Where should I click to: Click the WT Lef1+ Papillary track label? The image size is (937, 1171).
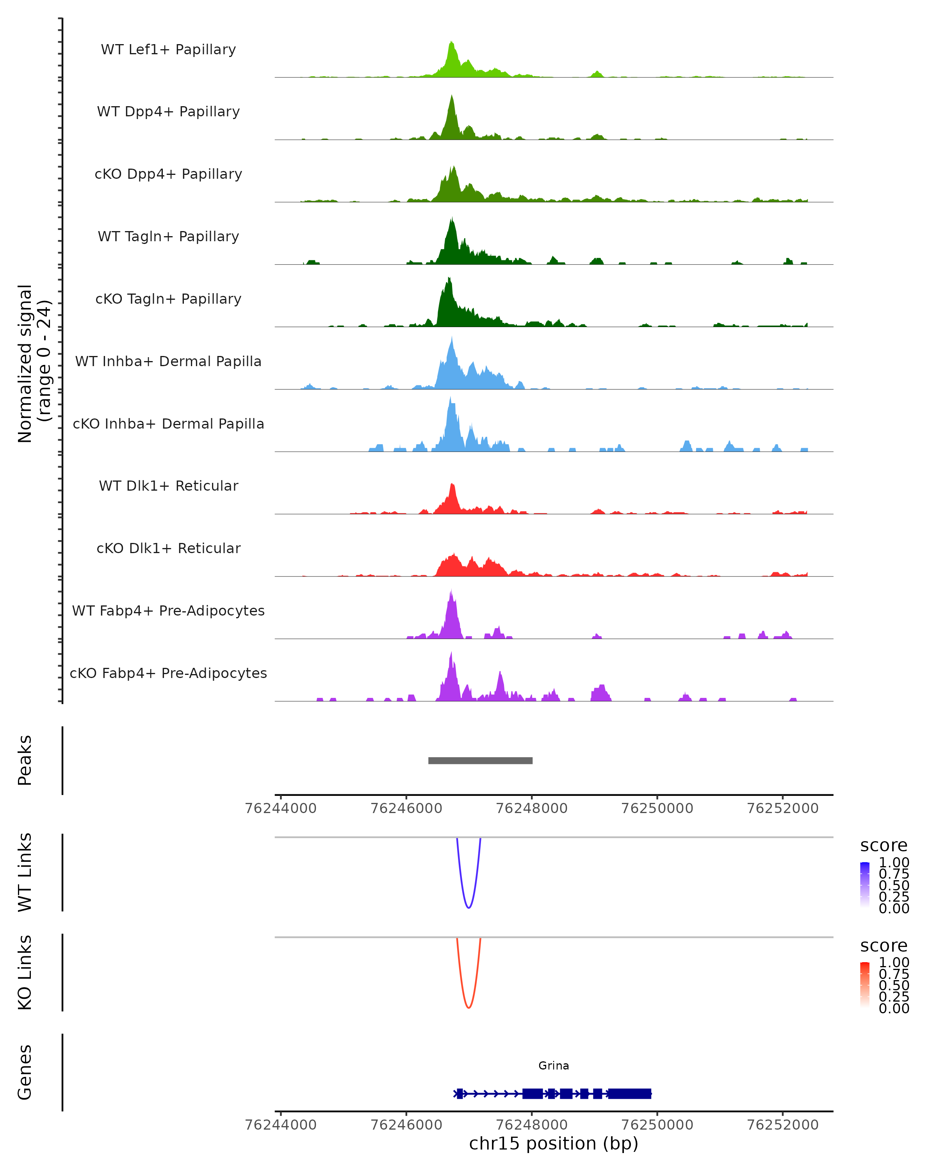coord(168,50)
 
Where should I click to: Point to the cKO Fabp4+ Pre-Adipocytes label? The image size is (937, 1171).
coord(168,673)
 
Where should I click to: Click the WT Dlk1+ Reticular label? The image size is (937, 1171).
coord(168,486)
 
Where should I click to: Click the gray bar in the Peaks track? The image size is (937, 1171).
coord(480,760)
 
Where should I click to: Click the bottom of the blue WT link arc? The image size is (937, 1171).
coord(469,907)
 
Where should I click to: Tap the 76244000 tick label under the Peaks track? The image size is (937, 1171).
coord(281,808)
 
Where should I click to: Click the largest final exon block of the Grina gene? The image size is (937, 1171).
coord(629,1093)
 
